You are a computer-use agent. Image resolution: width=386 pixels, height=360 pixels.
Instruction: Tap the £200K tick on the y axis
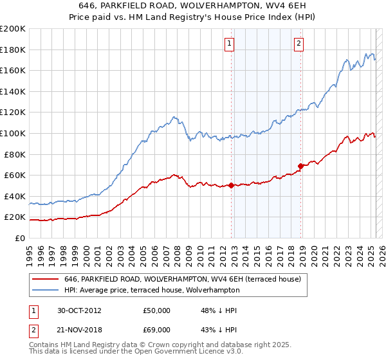(x=13, y=29)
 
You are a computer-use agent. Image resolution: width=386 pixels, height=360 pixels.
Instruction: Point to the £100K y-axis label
(x=13, y=133)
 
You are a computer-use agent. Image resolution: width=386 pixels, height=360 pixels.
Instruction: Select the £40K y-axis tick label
(x=15, y=196)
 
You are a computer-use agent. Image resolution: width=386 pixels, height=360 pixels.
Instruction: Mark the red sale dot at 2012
(x=231, y=186)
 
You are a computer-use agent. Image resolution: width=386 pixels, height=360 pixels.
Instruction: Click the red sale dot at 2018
(x=300, y=166)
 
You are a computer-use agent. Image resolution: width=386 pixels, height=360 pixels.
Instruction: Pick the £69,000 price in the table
(x=156, y=330)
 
